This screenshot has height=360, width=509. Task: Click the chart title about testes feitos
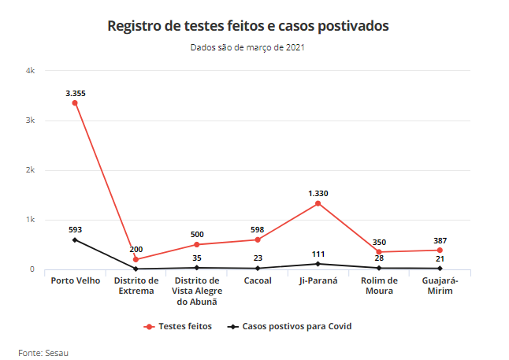point(247,26)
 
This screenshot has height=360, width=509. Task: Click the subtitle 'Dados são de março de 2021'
point(247,47)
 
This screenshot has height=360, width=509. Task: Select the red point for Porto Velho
point(75,103)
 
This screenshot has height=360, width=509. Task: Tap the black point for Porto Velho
point(75,239)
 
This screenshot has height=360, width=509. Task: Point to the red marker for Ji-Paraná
point(318,203)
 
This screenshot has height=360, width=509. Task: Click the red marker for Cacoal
point(258,239)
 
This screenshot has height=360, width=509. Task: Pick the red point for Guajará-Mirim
point(440,251)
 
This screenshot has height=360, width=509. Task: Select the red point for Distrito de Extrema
point(136,259)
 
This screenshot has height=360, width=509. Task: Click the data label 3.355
point(75,93)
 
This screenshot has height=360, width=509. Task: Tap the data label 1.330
point(318,193)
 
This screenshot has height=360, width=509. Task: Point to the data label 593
point(75,229)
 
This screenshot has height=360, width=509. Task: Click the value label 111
point(318,254)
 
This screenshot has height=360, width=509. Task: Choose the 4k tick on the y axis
point(31,71)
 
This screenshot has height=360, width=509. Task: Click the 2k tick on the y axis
point(31,170)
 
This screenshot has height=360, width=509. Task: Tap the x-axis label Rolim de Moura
point(380,285)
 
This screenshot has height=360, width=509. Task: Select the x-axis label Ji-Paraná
point(318,280)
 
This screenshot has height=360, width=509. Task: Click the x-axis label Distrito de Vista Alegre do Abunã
point(197,291)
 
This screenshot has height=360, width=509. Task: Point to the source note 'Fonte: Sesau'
point(43,351)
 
